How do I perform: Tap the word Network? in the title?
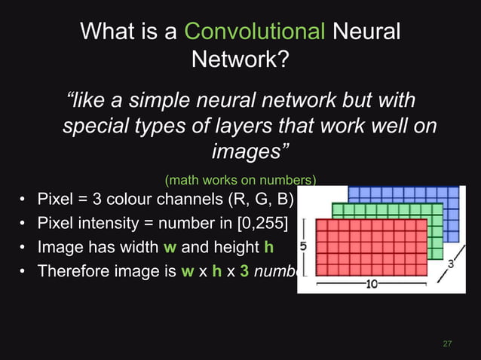point(240,59)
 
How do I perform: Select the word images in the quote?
point(247,151)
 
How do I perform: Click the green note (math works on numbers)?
point(240,180)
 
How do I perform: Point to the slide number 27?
point(447,343)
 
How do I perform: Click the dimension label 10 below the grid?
point(372,284)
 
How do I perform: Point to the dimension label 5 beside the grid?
point(302,246)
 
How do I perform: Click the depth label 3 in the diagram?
point(450,264)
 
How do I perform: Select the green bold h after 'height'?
point(268,247)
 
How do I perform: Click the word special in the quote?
point(93,126)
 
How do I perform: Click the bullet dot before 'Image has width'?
point(24,248)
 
